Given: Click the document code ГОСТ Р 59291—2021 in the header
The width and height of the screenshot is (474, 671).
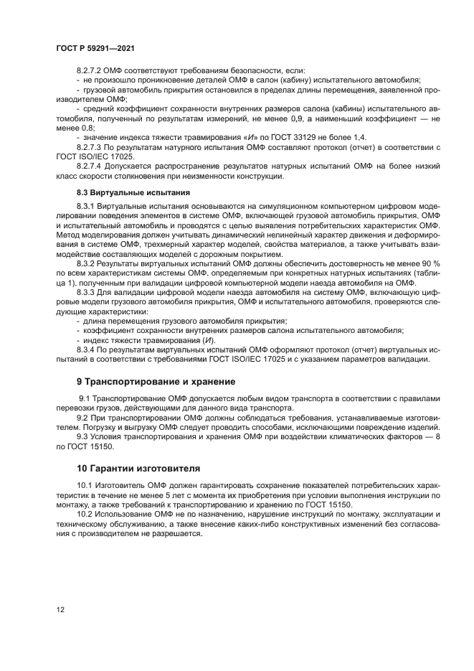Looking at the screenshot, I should [x=95, y=47].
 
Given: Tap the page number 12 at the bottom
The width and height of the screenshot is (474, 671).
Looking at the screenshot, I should [x=60, y=609].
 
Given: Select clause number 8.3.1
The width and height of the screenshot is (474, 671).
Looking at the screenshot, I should [x=85, y=207].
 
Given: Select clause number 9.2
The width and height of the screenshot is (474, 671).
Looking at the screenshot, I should [x=83, y=417].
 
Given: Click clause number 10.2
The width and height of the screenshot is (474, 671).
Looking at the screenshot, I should [x=85, y=515].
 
